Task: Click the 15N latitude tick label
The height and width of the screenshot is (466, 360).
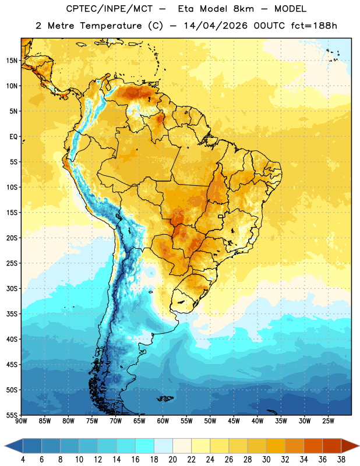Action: point(12,61)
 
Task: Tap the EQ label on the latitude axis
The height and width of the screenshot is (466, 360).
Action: point(13,137)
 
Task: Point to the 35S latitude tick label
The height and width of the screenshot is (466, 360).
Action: point(12,314)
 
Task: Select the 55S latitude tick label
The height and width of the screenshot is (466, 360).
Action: point(12,415)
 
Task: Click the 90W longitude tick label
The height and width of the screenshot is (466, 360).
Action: point(21,421)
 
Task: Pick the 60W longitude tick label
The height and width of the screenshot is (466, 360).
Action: point(163,421)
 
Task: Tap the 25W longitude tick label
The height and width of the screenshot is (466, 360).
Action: point(328,421)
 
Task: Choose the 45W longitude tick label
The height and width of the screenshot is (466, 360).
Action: point(234,421)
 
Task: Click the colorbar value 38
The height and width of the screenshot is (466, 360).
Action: point(341,460)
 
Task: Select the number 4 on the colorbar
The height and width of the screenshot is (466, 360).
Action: point(23,460)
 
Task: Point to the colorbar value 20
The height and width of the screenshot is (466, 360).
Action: point(172,460)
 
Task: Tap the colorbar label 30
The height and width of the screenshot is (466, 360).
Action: point(266,460)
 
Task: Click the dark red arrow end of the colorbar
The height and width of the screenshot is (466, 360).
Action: point(350,446)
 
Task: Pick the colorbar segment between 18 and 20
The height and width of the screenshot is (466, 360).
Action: point(164,446)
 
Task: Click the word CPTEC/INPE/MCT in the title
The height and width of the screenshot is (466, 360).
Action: point(110,9)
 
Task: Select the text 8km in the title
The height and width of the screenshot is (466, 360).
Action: point(243,9)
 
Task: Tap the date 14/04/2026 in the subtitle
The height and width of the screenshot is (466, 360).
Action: point(216,26)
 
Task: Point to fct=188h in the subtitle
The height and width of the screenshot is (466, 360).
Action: point(314,26)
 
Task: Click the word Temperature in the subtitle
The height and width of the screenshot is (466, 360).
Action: point(111,26)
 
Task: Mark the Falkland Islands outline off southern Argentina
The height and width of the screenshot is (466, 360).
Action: point(165,398)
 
